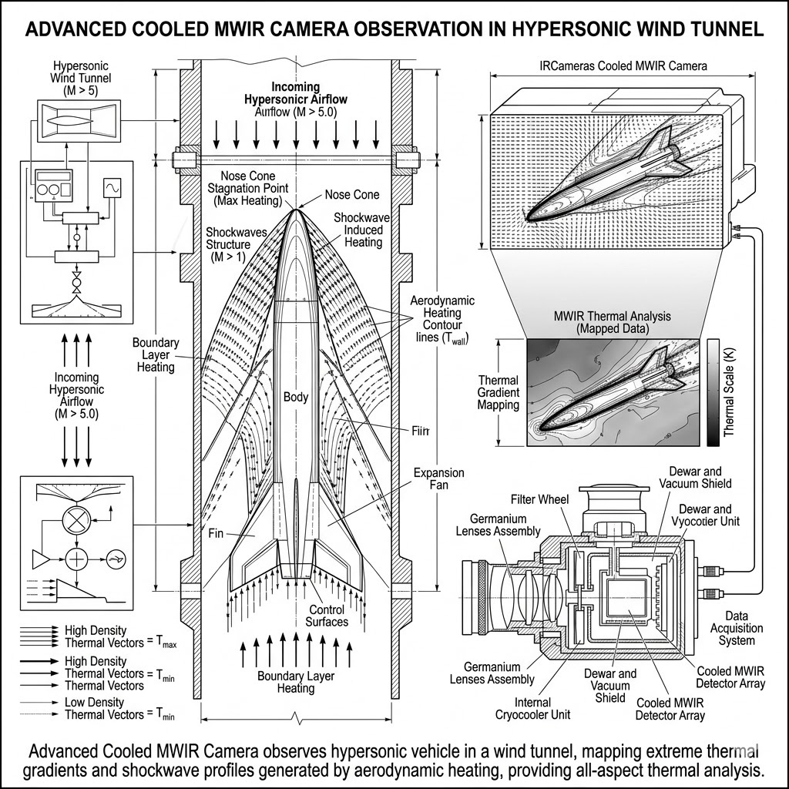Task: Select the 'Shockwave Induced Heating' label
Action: point(363,230)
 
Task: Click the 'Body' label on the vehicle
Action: point(296,398)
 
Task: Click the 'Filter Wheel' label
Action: point(542,499)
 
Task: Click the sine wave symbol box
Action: point(112,187)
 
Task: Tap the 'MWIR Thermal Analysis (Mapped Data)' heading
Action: point(613,322)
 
